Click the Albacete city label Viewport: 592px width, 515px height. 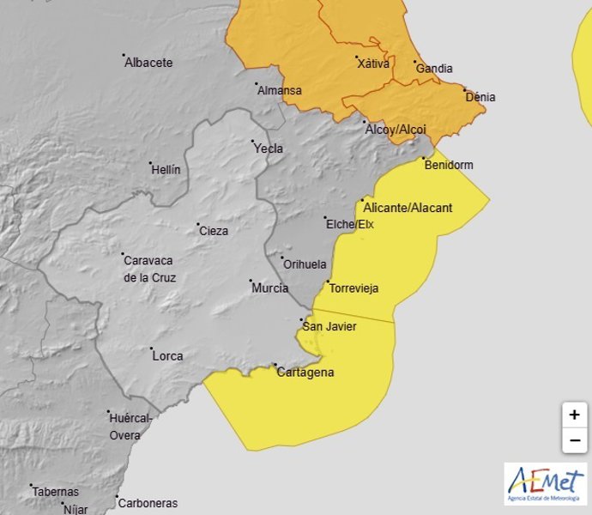(x=148, y=63)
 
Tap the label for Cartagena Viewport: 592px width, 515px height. (x=305, y=373)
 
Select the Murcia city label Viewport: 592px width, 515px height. (x=269, y=288)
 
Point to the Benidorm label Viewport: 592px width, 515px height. (x=449, y=166)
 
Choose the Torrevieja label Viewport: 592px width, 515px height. (x=354, y=288)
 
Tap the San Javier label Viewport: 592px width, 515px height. (x=331, y=326)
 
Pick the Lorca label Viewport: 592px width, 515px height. (x=167, y=355)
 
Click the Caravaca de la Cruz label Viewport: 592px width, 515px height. (x=148, y=269)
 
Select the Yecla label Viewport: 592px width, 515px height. (x=269, y=148)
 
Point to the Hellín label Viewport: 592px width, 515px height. (x=166, y=170)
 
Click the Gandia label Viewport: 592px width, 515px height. (x=435, y=69)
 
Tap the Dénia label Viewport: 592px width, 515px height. (x=480, y=97)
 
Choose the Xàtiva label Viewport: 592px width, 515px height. (x=373, y=63)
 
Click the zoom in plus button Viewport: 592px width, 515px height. (x=574, y=415)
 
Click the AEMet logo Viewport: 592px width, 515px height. (x=545, y=483)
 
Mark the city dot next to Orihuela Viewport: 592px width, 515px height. (x=282, y=257)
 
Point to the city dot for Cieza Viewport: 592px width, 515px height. (x=198, y=224)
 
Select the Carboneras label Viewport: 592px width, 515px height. (x=148, y=504)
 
